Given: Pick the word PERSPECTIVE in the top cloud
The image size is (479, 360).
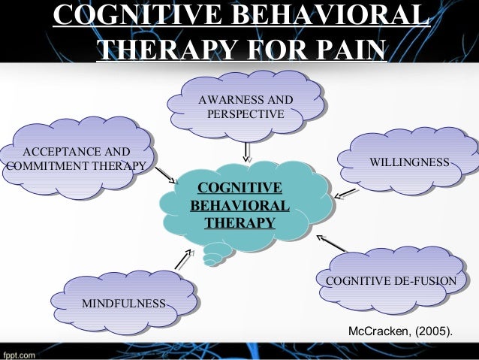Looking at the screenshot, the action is click(245, 115).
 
